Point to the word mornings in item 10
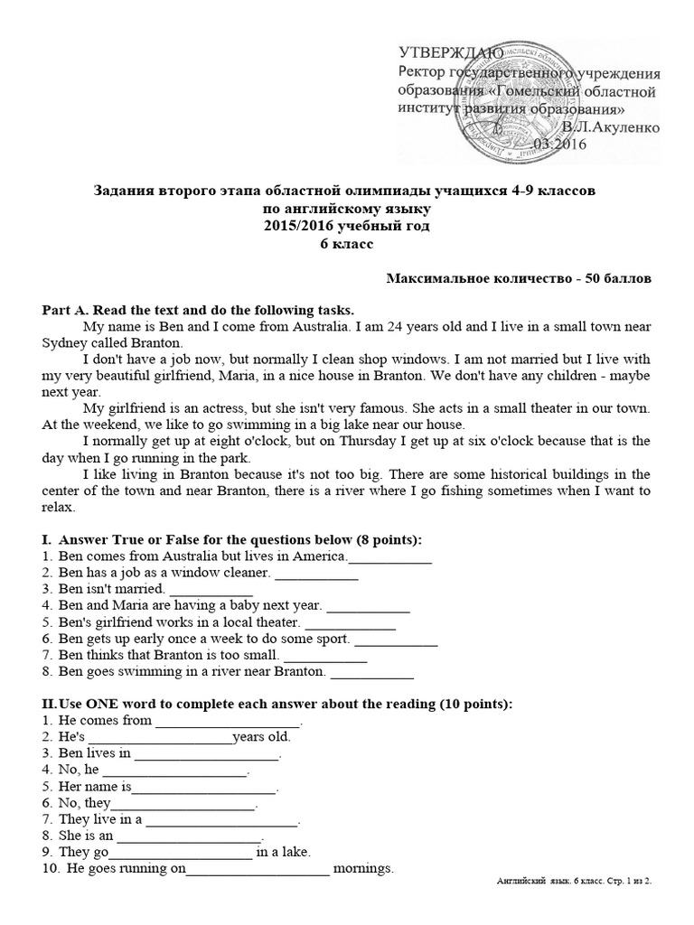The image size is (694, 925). click(x=363, y=868)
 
